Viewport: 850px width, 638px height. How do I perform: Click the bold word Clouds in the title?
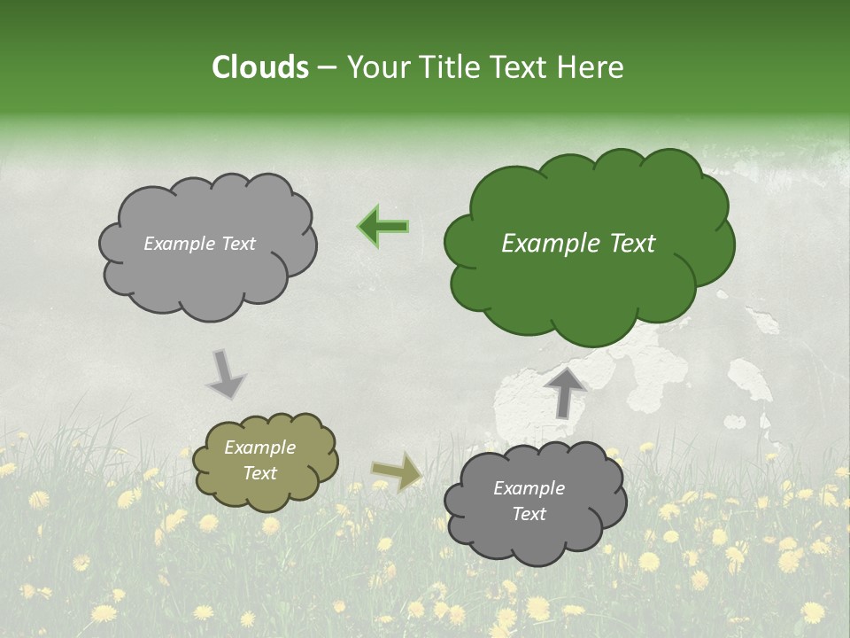[260, 67]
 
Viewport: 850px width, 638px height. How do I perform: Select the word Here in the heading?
[591, 67]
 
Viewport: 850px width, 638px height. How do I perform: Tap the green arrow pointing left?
[383, 227]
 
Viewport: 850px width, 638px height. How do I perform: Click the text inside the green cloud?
[578, 244]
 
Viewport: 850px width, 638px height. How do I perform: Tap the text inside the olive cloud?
[260, 461]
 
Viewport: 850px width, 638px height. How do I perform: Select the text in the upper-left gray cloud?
[199, 244]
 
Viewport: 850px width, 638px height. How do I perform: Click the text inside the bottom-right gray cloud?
[529, 501]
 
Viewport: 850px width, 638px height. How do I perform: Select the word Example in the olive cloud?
[260, 448]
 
